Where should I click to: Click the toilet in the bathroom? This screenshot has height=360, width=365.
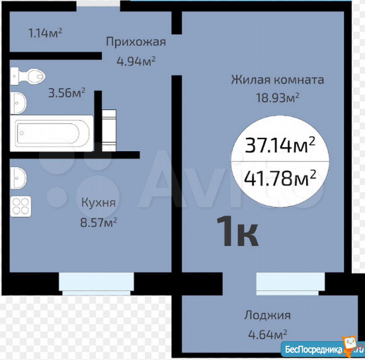[27, 76]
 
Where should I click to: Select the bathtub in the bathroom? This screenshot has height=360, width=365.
[52, 133]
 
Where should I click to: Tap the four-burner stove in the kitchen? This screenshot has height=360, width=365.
[21, 207]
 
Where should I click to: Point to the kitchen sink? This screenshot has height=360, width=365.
[18, 178]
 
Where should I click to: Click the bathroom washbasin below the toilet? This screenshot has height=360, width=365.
[18, 103]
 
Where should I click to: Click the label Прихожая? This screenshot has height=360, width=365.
[136, 42]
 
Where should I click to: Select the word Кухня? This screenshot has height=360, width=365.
[98, 203]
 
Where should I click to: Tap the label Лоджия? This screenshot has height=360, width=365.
[267, 315]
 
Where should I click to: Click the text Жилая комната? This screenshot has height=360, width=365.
[277, 79]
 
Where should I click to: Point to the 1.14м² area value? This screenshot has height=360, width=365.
[45, 33]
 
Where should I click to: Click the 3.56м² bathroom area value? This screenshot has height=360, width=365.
[67, 93]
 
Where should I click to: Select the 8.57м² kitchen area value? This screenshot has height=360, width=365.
[98, 222]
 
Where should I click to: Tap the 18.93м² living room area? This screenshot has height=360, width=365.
[277, 98]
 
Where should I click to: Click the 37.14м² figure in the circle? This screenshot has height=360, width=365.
[280, 145]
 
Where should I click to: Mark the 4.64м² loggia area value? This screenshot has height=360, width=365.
[268, 335]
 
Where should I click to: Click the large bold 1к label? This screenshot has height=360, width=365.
[237, 231]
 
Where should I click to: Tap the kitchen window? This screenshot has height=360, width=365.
[96, 284]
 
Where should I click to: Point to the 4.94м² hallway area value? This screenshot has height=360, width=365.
[136, 61]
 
